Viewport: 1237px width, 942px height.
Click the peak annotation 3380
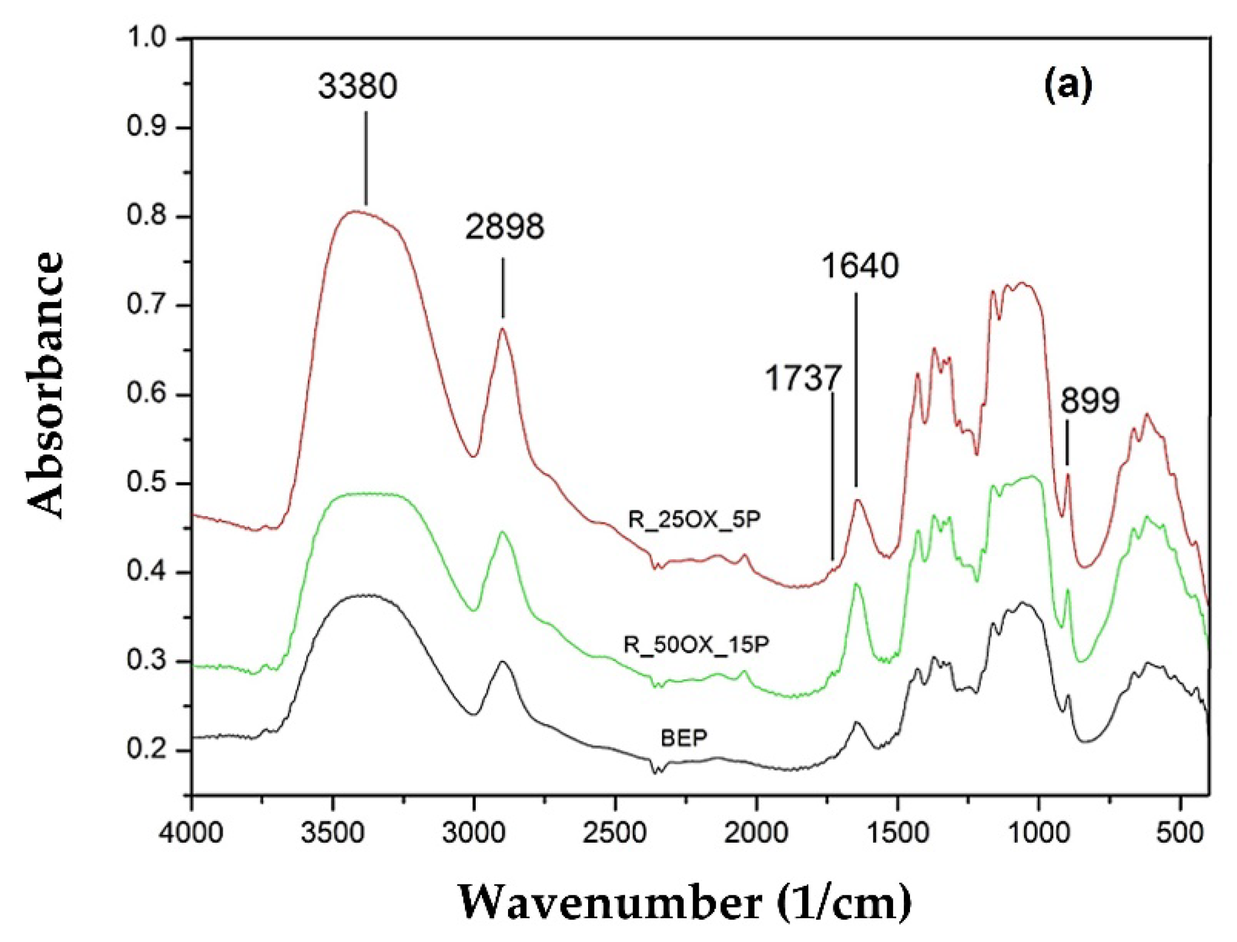point(357,87)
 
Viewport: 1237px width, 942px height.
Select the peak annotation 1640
point(861,266)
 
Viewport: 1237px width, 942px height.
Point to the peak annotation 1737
point(803,378)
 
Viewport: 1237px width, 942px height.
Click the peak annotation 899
point(1089,401)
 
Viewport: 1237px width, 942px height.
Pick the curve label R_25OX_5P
point(694,520)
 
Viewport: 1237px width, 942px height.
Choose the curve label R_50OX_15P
point(696,644)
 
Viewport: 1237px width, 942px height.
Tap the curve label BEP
point(684,738)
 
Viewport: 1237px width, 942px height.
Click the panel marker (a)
point(1068,86)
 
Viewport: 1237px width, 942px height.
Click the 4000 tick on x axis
point(191,834)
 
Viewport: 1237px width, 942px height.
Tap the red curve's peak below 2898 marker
point(502,329)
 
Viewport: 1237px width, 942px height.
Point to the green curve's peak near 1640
point(857,584)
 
